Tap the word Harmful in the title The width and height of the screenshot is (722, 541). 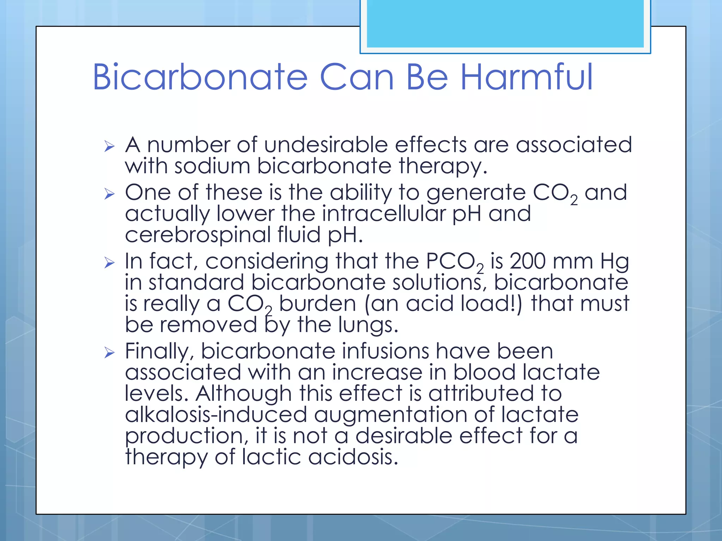(527, 77)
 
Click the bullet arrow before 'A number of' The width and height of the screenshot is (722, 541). (110, 146)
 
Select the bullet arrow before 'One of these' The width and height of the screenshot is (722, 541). (110, 194)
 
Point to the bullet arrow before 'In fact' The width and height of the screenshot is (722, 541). (110, 262)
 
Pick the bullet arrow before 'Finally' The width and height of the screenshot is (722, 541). (110, 352)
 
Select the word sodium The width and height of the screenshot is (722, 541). (212, 166)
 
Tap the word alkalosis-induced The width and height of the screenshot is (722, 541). (216, 415)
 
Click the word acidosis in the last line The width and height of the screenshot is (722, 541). (353, 457)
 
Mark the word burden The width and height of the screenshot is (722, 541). (318, 303)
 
